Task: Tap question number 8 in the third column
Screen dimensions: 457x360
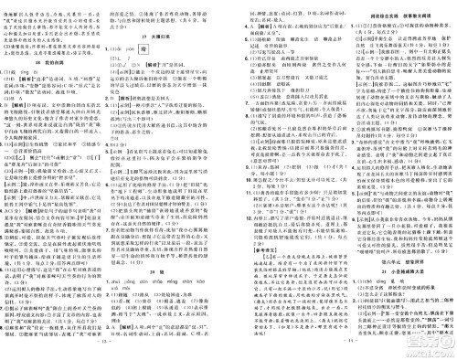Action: tap(236, 111)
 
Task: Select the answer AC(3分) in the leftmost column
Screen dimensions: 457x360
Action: tap(19, 238)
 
